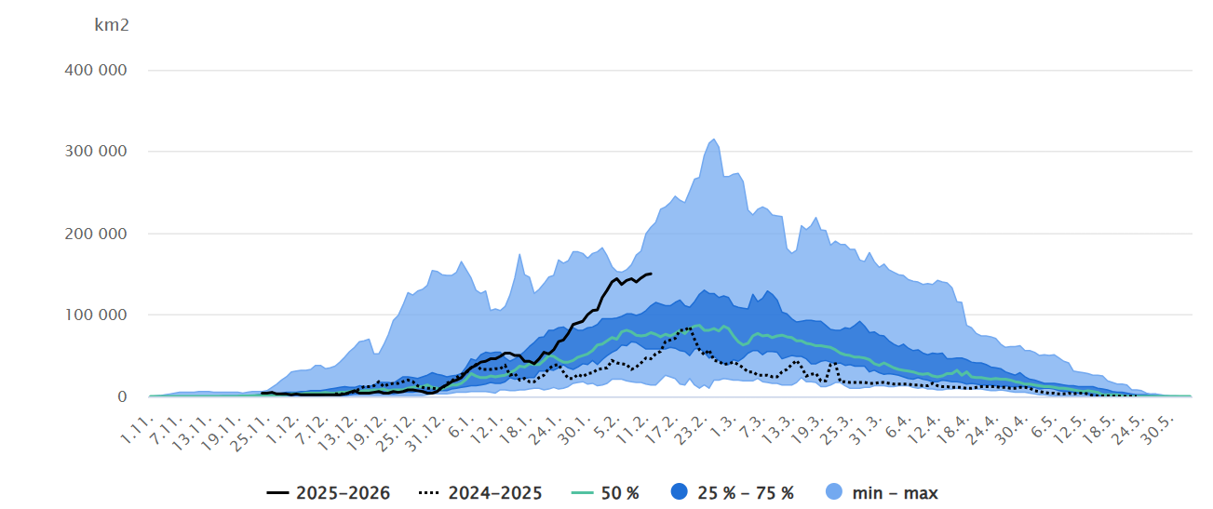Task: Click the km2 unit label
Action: tap(112, 25)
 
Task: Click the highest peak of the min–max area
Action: tap(714, 140)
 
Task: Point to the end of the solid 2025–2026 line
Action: tap(651, 274)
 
